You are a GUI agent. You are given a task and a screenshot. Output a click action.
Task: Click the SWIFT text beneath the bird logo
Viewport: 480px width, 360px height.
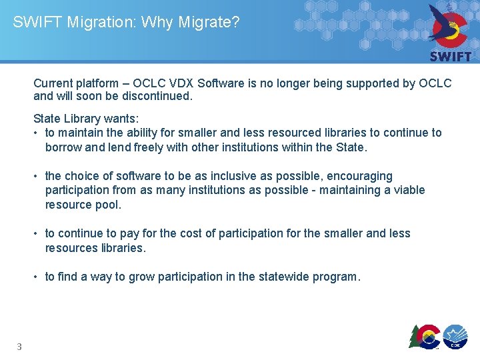pos(451,57)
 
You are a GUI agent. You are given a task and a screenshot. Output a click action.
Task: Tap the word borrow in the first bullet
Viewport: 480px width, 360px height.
pos(64,147)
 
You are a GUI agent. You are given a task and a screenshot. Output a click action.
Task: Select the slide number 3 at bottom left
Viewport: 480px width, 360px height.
pos(19,346)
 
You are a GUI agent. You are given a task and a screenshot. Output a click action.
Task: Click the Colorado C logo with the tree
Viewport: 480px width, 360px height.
pos(425,335)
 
